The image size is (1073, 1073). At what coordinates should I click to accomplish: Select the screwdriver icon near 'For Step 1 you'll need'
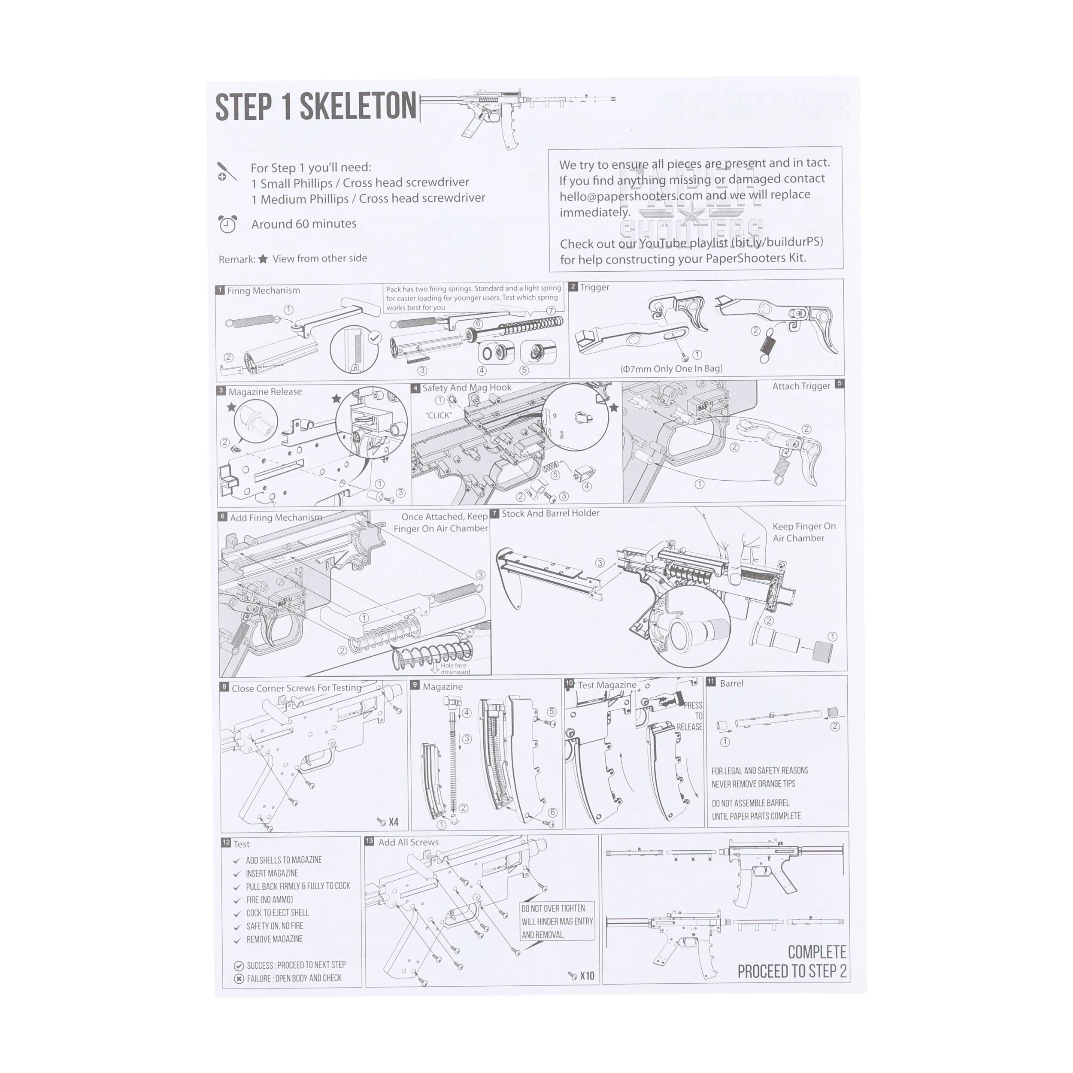click(226, 172)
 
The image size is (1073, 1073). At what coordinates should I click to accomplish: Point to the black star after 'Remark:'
click(263, 259)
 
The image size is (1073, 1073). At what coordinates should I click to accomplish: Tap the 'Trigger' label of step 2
click(594, 287)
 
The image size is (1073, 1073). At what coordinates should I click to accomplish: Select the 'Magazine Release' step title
click(265, 391)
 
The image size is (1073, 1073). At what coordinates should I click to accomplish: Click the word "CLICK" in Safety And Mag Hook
click(439, 415)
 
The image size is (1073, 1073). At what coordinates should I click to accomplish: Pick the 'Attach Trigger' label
click(801, 386)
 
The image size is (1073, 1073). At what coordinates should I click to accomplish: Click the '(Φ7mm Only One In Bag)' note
click(671, 369)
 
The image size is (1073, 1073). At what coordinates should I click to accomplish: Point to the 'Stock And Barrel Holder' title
click(550, 513)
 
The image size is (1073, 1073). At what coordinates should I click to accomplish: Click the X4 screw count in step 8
click(393, 822)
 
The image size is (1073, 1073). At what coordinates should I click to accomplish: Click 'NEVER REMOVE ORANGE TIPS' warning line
click(753, 784)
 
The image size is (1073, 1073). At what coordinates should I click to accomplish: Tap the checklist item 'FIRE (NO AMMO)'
click(270, 900)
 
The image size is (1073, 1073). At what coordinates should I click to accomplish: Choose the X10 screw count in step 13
click(586, 976)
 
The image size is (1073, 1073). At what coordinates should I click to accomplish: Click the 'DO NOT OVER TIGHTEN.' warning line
click(553, 909)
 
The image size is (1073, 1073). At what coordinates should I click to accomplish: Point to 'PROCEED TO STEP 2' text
click(791, 971)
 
